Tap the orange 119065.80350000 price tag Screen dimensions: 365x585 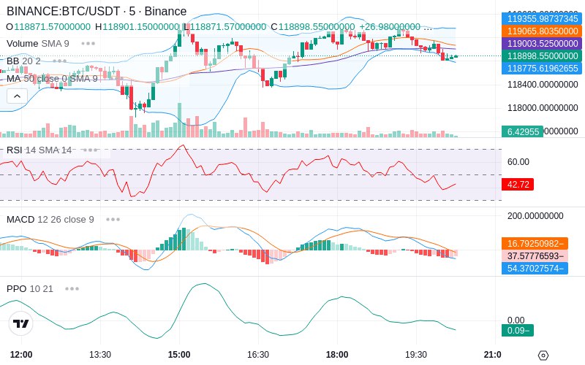click(542, 31)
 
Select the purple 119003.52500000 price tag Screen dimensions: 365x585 click(542, 44)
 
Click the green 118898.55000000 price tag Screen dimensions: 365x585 click(542, 56)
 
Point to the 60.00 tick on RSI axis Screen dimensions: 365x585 click(518, 162)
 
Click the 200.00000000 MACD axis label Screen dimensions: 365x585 click(535, 216)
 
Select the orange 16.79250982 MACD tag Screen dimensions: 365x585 click(534, 244)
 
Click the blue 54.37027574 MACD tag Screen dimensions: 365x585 click(534, 268)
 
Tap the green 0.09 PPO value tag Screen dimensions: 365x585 click(517, 330)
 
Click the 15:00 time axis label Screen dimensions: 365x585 click(179, 355)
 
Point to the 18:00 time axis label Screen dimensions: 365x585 click(337, 355)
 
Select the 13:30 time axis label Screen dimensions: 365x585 click(100, 355)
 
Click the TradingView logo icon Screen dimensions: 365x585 click(21, 323)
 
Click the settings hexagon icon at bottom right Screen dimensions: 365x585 click(543, 356)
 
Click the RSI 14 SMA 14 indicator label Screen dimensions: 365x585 click(39, 150)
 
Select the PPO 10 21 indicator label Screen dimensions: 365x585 click(30, 288)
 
